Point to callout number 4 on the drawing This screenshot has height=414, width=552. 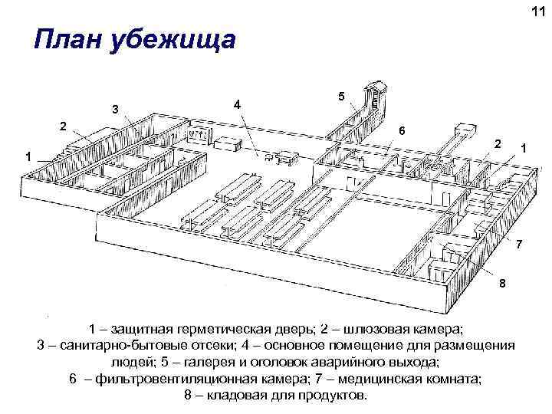tap(238, 103)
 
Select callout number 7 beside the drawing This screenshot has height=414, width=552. tap(520, 245)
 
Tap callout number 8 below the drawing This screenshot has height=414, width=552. tap(502, 284)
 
